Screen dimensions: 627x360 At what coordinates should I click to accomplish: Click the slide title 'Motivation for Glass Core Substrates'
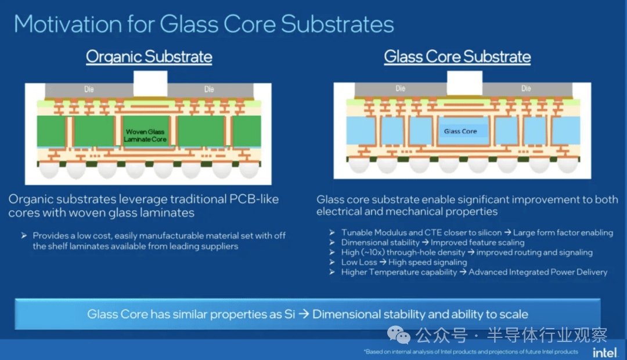point(204,24)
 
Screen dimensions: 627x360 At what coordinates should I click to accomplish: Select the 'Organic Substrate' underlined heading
point(149,57)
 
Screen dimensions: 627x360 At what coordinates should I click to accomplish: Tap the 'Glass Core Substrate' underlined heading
point(457,57)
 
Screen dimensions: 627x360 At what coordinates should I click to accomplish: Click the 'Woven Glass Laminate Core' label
point(145,135)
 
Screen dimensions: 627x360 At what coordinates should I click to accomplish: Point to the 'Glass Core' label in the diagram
point(460,131)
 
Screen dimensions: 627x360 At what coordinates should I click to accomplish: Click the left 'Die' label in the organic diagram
point(89,89)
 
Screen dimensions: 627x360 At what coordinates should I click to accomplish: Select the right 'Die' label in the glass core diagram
point(526,88)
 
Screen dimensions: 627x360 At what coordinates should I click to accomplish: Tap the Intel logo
point(604,352)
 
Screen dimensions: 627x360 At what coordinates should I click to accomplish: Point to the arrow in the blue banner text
point(304,314)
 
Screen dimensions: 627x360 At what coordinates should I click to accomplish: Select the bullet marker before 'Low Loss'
point(332,262)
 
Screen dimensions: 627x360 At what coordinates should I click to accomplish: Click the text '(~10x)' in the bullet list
point(373,253)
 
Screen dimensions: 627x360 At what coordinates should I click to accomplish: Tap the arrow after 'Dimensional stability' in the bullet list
point(425,242)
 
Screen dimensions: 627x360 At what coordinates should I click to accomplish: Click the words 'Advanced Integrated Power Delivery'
point(538,272)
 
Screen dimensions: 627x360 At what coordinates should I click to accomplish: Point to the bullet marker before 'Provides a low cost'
point(24,236)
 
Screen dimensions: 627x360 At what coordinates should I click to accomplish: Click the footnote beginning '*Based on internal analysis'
point(471,352)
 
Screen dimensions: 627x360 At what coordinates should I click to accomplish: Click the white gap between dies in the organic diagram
point(150,84)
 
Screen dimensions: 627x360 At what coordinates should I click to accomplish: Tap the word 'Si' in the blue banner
point(290,314)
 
